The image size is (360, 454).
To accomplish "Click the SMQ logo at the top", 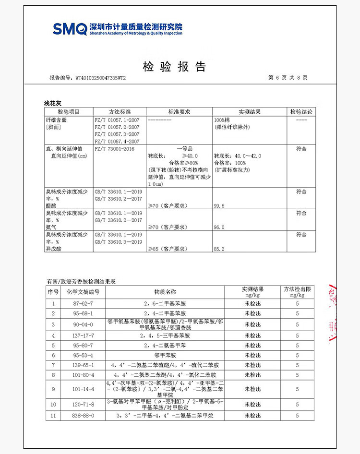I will [x=70, y=28].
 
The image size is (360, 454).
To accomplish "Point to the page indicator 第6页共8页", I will [x=288, y=77].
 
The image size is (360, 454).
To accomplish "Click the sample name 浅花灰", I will [x=53, y=103].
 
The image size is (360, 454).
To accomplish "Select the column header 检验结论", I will [x=301, y=112].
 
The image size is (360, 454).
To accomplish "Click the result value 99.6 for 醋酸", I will [x=219, y=205].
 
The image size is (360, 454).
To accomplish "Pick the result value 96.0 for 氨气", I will [x=219, y=227].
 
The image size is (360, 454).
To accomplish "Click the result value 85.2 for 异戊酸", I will [x=219, y=249].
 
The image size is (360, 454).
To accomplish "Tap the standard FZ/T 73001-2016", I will [x=115, y=149].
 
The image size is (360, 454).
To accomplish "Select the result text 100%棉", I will [x=223, y=120].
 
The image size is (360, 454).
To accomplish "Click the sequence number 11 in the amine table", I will [x=53, y=416].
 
